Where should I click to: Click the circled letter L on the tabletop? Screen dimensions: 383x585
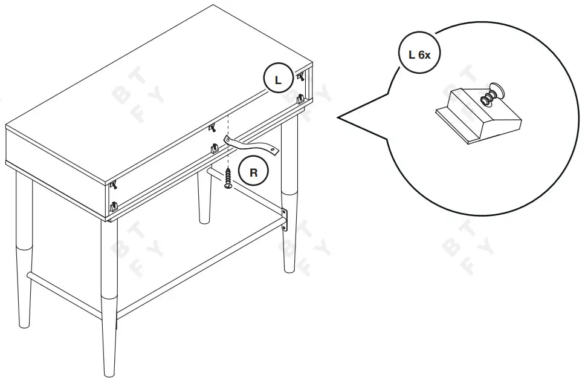pos(277,79)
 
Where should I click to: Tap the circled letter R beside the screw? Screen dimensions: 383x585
pos(254,172)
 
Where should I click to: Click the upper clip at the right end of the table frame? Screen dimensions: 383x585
pos(299,76)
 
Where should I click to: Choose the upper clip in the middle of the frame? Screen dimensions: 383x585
pos(212,128)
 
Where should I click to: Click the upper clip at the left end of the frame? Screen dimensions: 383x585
pos(113,185)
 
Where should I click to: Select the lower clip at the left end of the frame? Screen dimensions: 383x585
pos(112,206)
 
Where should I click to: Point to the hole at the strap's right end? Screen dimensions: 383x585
pos(275,149)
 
